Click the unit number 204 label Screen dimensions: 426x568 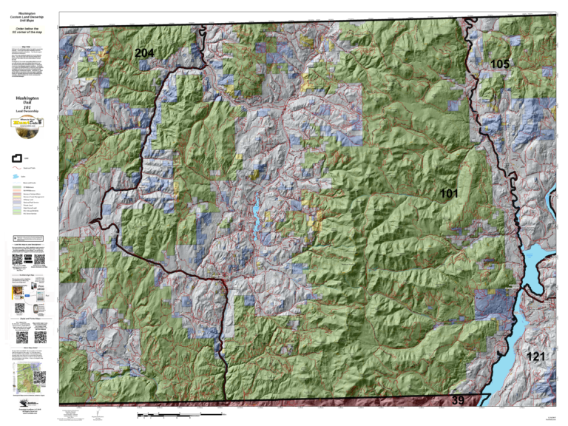click(x=144, y=53)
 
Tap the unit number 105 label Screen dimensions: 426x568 click(x=500, y=64)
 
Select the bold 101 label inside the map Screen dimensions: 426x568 click(x=449, y=194)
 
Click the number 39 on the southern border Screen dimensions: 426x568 click(x=459, y=400)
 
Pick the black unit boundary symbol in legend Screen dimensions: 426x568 click(x=17, y=158)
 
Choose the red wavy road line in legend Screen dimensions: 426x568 click(x=17, y=168)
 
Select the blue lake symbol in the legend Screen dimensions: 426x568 click(x=17, y=177)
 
